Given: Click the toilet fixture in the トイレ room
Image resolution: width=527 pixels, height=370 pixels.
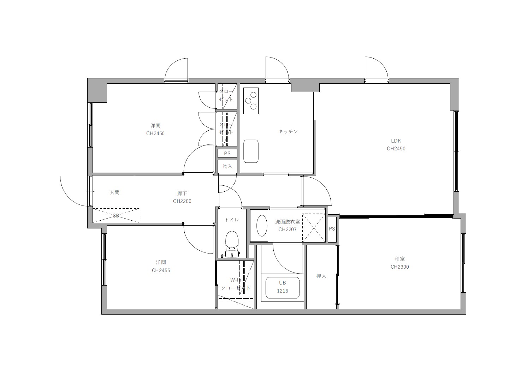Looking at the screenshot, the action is pos(232,244).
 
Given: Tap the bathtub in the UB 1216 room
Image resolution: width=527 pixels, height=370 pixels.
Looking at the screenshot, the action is pos(283,288).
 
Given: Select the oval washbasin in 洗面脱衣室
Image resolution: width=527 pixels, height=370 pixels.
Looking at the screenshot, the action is pos(262,226).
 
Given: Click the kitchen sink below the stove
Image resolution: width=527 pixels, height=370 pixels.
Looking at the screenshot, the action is pos(251,151).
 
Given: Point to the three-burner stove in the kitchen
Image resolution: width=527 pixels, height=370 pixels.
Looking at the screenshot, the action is pos(251,101).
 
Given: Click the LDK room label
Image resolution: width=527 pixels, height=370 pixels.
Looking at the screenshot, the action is pos(396,141).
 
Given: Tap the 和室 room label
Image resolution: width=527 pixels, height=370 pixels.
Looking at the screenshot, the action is pos(400,259).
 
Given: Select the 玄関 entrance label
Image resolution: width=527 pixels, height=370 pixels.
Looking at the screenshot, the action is pos(114,192).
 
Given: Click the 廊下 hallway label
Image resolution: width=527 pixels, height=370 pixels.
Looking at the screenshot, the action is pos(182,193).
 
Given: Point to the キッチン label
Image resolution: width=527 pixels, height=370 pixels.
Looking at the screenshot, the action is pos(288,131).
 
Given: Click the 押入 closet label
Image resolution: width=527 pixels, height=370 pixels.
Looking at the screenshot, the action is pos(321,276).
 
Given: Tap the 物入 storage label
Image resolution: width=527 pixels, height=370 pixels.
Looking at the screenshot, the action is pos(227,166).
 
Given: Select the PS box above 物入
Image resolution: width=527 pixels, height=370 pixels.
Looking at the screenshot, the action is pos(227,154).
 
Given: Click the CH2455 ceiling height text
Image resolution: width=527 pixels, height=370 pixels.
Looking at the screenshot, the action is pos(161,270).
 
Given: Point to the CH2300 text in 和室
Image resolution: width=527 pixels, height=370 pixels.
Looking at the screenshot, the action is pos(400,267).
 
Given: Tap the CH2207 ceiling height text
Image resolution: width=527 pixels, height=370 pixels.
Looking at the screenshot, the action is pos(288,229).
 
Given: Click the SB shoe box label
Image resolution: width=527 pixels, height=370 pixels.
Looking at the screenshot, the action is pos(116,215).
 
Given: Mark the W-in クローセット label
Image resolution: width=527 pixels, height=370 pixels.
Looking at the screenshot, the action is pos(236,284).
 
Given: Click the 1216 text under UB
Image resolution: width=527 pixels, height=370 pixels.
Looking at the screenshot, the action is pos(283,291).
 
